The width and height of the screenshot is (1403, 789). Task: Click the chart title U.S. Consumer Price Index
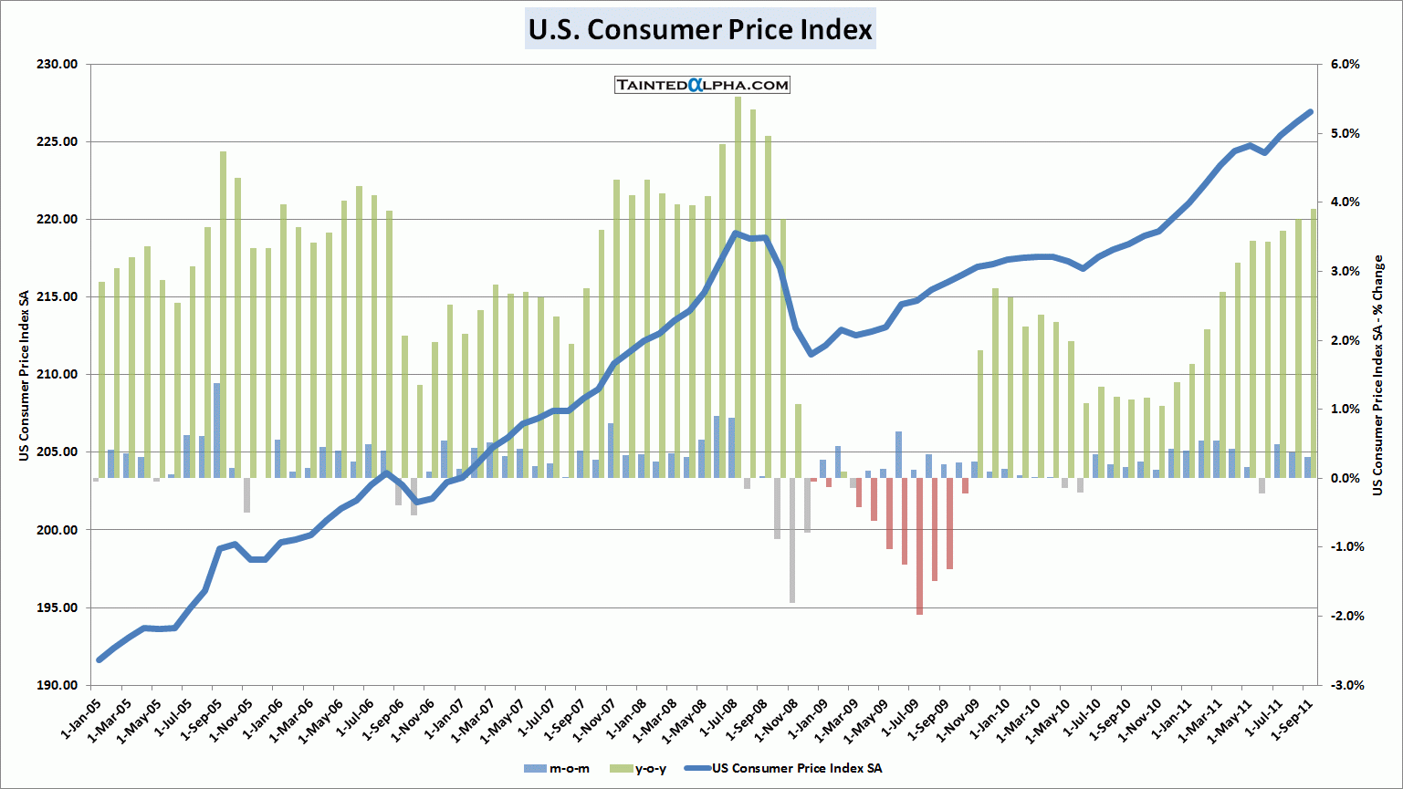(x=700, y=29)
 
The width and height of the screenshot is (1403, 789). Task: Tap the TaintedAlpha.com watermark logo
(x=702, y=85)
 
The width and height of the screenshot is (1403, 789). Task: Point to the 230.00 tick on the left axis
(x=58, y=65)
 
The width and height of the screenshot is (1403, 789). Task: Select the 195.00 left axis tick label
(x=58, y=607)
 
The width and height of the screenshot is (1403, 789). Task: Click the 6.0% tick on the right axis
(x=1345, y=65)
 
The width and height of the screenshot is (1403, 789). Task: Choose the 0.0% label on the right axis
(x=1345, y=478)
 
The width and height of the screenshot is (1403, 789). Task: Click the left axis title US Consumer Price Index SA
(x=25, y=376)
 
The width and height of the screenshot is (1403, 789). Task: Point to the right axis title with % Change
(x=1377, y=376)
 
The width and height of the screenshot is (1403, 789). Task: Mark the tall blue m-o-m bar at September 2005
(x=216, y=430)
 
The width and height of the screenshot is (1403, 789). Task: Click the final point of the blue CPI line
(x=1310, y=111)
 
